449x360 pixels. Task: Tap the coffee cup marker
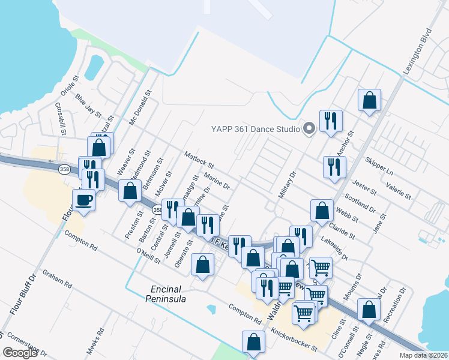pyautogui.click(x=84, y=200)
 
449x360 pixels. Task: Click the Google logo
pyautogui.click(x=20, y=353)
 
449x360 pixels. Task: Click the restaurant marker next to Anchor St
pyautogui.click(x=330, y=122)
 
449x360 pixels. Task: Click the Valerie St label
pyautogui.click(x=399, y=192)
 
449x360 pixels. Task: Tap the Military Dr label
pyautogui.click(x=288, y=187)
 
